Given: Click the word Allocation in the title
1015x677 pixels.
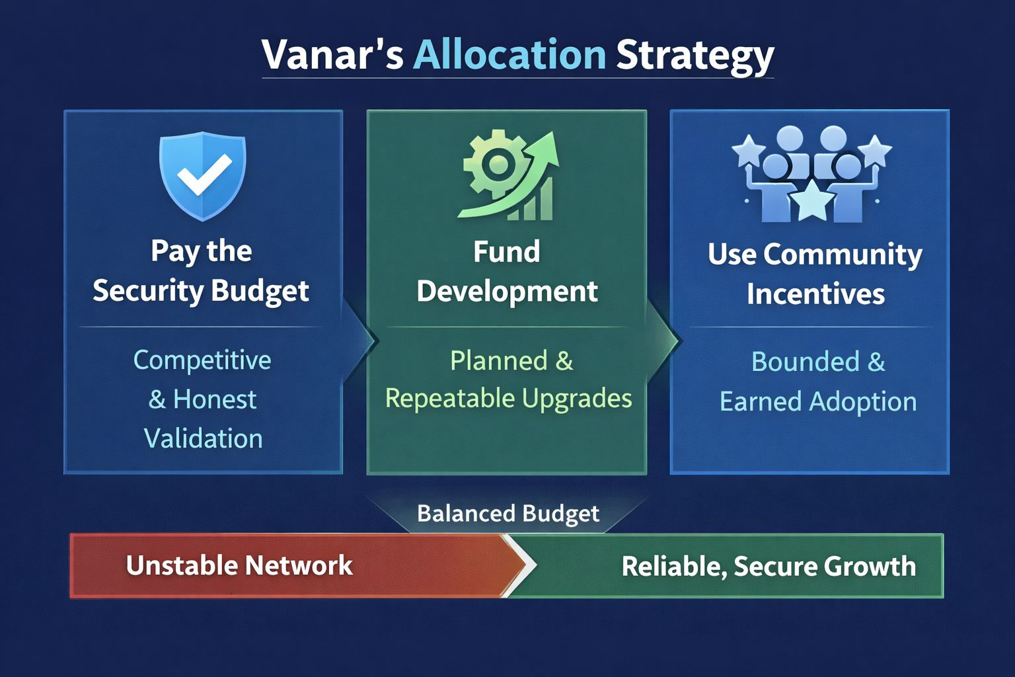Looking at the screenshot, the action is [x=509, y=54].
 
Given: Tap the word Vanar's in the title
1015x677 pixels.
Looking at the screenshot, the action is [x=332, y=54].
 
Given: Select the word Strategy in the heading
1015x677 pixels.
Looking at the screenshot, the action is [x=695, y=57].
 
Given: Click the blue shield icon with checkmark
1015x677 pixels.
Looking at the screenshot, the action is [x=203, y=176].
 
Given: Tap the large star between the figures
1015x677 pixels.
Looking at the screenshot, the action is [x=811, y=200].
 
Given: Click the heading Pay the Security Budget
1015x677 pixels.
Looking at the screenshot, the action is [x=201, y=271].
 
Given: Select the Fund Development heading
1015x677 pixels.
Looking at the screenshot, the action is [x=507, y=271].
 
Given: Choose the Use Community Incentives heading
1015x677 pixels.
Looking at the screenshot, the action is [x=815, y=274].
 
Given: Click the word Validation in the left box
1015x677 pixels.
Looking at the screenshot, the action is [x=204, y=438].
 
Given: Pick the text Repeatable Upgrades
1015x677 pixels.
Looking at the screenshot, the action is [x=508, y=399].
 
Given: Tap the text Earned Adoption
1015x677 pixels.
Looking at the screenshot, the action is [x=818, y=402].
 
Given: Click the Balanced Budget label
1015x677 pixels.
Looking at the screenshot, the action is [x=508, y=514].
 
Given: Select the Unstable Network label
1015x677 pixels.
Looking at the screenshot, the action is [x=239, y=565].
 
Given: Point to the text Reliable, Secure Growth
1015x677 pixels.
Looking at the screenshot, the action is [x=769, y=567].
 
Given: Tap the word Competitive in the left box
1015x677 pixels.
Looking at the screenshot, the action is [x=202, y=360].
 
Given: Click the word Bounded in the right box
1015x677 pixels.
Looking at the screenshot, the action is [x=806, y=362].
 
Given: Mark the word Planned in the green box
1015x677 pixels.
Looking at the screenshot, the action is [x=499, y=361].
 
